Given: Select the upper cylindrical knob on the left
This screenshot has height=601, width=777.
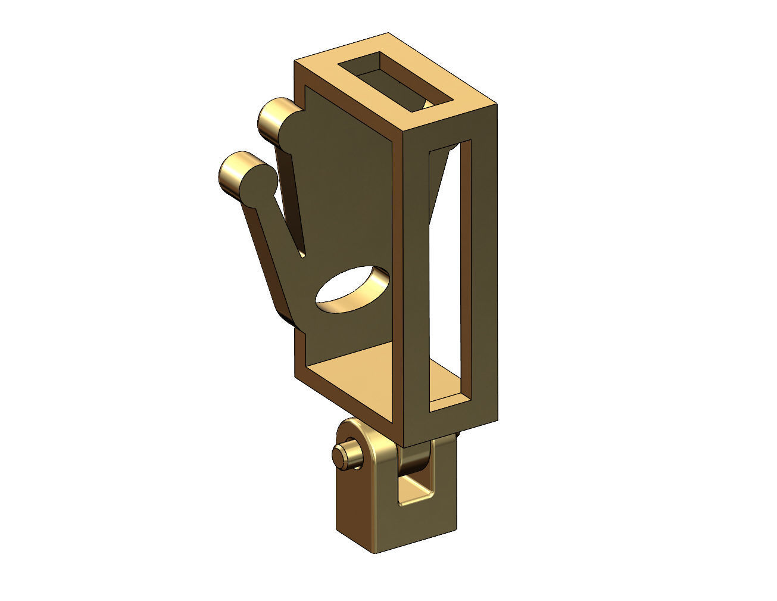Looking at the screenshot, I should [x=274, y=117].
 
